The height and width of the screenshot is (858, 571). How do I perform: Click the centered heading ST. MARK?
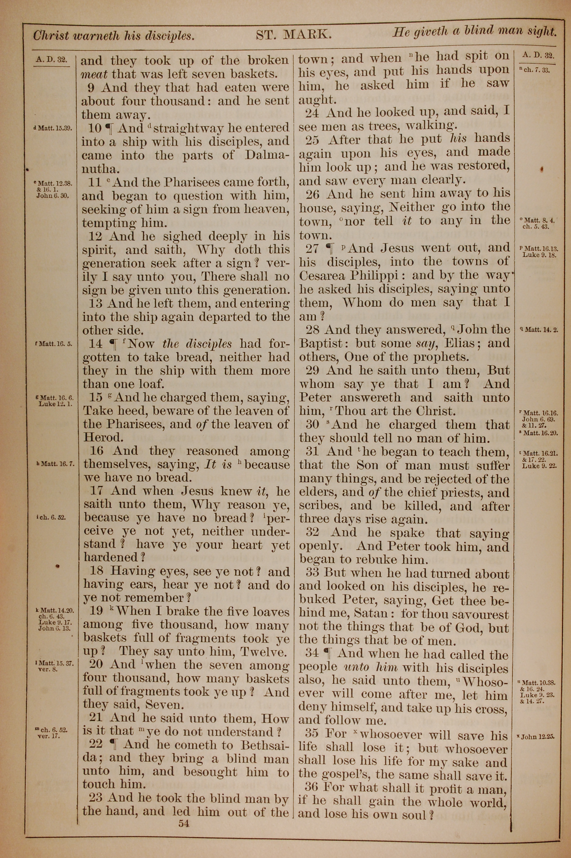point(293,35)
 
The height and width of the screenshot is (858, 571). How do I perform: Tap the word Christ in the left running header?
point(51,35)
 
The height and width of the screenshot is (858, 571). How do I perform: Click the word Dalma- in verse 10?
point(267,155)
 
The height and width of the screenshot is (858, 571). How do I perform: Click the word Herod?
point(100,438)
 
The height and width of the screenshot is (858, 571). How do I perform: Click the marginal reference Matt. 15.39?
point(53,128)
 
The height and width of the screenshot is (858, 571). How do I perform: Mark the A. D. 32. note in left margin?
point(52,59)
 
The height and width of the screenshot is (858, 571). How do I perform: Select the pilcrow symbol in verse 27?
point(329,249)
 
